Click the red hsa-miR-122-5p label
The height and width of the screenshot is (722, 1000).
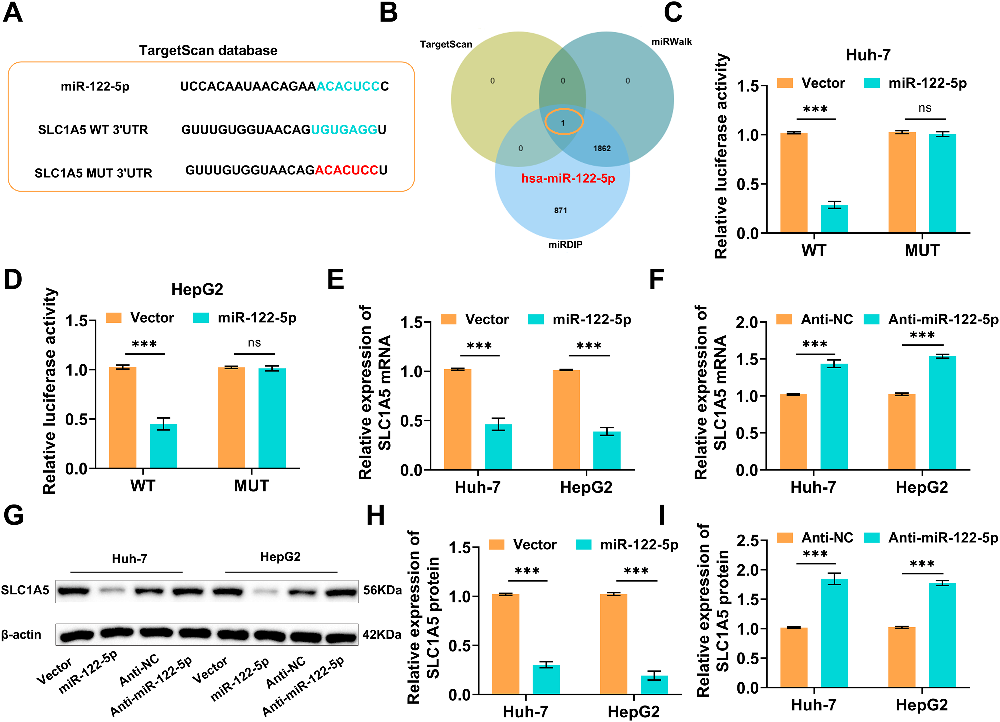(x=568, y=179)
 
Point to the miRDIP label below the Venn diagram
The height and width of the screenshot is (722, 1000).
(x=565, y=244)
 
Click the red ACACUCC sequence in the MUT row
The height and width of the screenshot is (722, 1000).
(x=347, y=170)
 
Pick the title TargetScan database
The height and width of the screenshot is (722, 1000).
(x=208, y=50)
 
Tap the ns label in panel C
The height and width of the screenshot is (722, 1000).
(x=925, y=108)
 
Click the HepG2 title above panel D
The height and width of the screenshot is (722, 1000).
(x=197, y=289)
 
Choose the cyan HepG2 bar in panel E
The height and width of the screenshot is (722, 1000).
(x=607, y=450)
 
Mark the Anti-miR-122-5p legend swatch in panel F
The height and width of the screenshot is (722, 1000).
(x=871, y=319)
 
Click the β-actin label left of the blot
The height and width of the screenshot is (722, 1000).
(x=21, y=635)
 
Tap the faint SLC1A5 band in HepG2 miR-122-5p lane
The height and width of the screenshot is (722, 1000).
(x=265, y=591)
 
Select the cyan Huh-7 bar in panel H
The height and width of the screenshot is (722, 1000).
(x=546, y=679)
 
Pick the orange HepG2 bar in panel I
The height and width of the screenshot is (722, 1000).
(x=902, y=657)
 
